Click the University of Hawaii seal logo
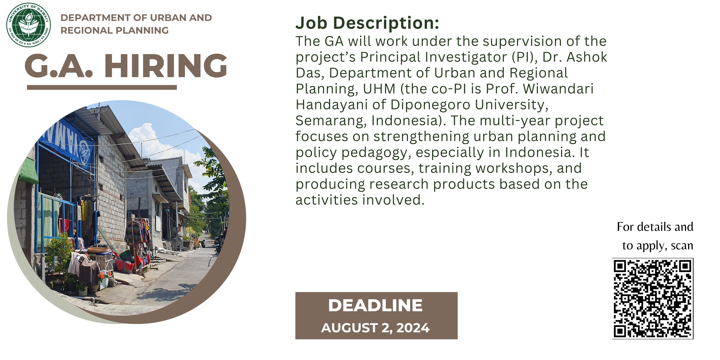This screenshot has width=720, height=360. tap(29, 25)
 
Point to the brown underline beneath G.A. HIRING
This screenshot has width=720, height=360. tap(102, 87)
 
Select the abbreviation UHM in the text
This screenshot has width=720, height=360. tap(379, 89)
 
